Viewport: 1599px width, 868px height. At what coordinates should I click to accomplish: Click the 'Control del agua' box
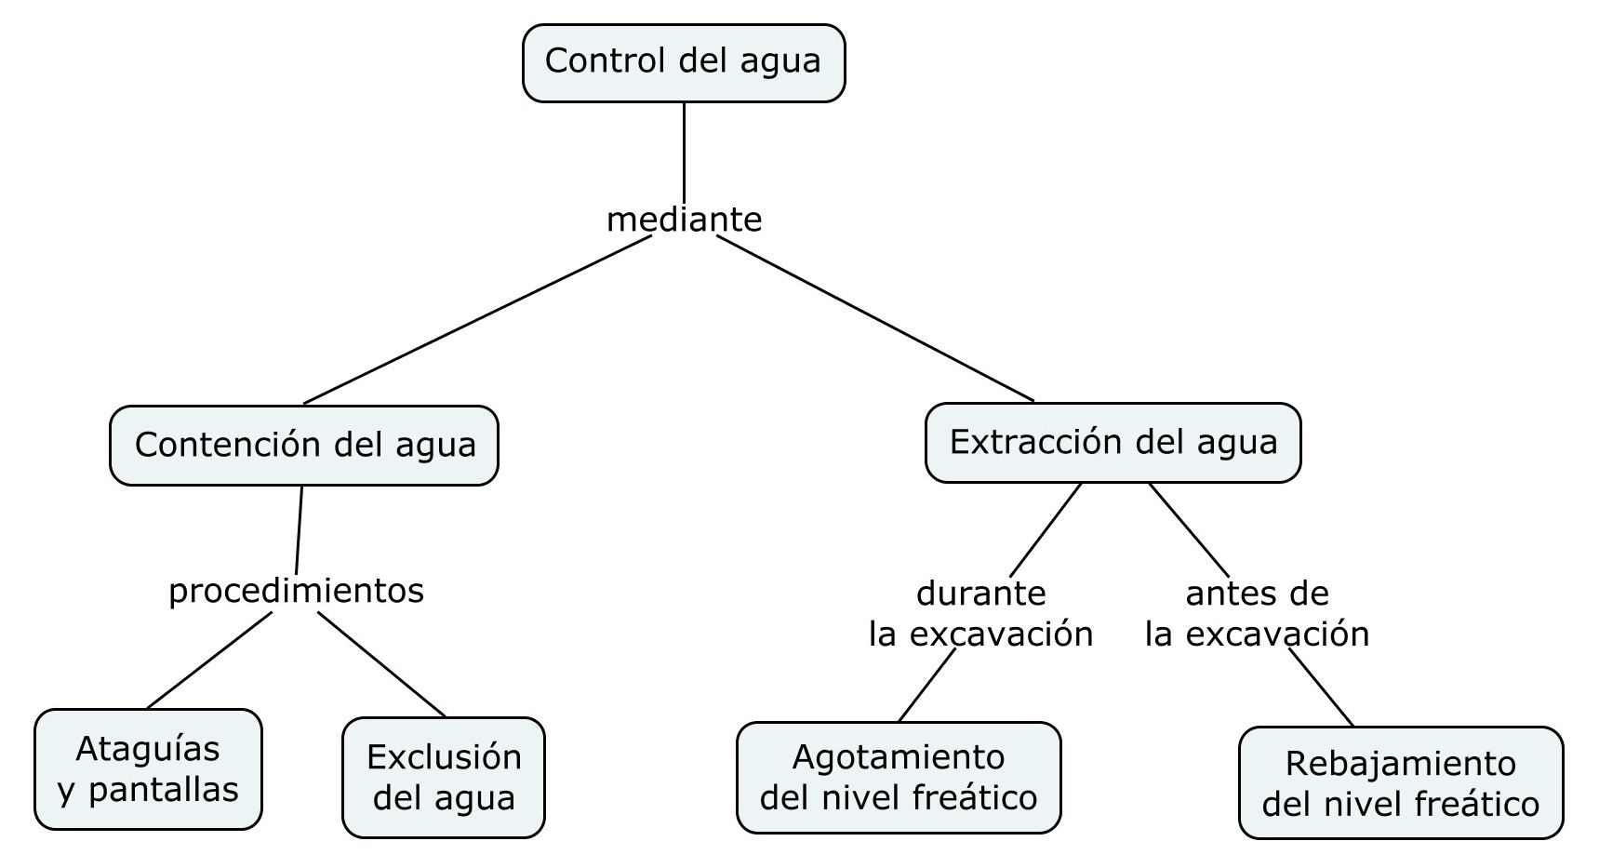(x=684, y=62)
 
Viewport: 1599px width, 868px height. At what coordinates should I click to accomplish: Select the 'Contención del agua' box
(x=304, y=445)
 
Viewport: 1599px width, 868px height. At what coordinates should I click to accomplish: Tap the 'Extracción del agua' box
(x=1113, y=442)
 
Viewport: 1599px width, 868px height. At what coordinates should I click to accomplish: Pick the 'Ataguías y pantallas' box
(x=148, y=768)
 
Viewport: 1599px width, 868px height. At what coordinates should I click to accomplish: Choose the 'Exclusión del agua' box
(x=444, y=777)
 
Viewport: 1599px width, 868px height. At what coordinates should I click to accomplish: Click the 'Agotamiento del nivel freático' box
(x=899, y=777)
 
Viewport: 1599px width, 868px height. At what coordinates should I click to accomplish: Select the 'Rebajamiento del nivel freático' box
(x=1401, y=782)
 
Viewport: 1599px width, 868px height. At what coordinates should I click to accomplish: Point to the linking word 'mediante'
(x=684, y=220)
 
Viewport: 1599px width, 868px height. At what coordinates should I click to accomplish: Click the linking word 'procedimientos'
(x=296, y=591)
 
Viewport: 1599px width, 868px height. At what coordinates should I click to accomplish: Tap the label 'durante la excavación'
(x=980, y=613)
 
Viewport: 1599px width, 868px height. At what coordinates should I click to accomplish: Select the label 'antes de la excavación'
(x=1257, y=613)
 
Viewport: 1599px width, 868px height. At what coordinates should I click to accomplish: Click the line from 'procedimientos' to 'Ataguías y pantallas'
(x=209, y=660)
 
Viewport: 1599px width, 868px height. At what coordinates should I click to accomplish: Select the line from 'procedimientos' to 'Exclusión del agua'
(x=381, y=664)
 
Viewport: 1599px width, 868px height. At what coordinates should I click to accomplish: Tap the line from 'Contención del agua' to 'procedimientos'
(x=299, y=528)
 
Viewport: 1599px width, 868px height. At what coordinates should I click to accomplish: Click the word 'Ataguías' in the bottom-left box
(x=148, y=749)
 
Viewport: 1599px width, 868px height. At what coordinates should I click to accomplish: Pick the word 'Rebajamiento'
(x=1401, y=764)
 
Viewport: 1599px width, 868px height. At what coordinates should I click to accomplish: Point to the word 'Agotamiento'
(x=899, y=757)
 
